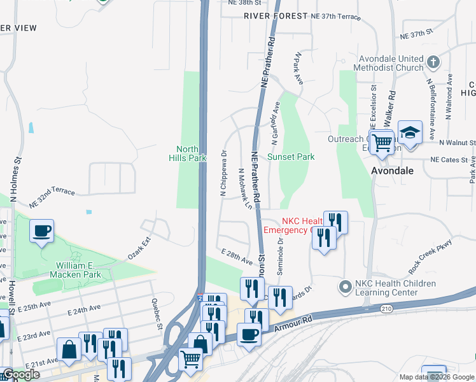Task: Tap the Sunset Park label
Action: point(291,157)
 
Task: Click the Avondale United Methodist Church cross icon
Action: point(433,62)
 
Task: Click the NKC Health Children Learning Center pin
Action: point(345,288)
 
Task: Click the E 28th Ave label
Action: point(237,256)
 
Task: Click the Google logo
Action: point(21,374)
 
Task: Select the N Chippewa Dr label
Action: point(223,174)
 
